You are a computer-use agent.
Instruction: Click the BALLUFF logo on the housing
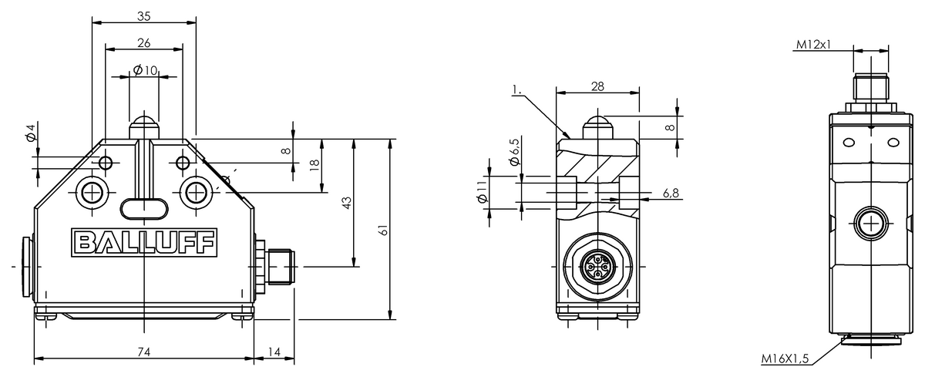point(145,243)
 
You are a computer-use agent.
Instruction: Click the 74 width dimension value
point(143,352)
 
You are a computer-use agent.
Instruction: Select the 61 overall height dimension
point(383,231)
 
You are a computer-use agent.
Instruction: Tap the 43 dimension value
point(347,201)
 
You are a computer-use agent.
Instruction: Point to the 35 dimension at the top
point(143,15)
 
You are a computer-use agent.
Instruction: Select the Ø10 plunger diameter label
point(145,70)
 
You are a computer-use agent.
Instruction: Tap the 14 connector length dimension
point(274,352)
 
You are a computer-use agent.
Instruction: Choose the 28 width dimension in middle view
point(597,86)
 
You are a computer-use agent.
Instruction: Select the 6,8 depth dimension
point(671,193)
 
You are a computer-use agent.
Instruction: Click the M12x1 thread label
point(813,45)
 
